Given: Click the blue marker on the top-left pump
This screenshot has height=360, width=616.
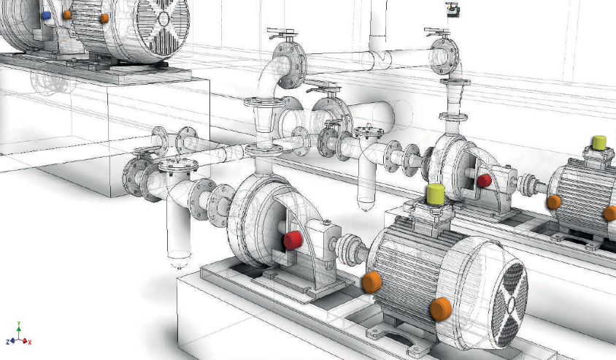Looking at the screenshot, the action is coord(46,15).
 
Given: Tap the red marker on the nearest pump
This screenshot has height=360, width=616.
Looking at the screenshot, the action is coord(293,240).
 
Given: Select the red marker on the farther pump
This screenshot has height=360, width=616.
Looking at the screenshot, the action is coord(485,180).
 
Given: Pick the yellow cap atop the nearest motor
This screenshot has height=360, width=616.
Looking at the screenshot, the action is coord(435,194).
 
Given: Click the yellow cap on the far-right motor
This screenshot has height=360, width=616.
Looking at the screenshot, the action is coord(599,143).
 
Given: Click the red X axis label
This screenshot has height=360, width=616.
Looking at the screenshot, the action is coord(29,342).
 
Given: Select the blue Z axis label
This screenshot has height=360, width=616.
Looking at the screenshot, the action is coord(8,342).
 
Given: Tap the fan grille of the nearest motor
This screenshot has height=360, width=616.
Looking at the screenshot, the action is coord(509,305).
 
